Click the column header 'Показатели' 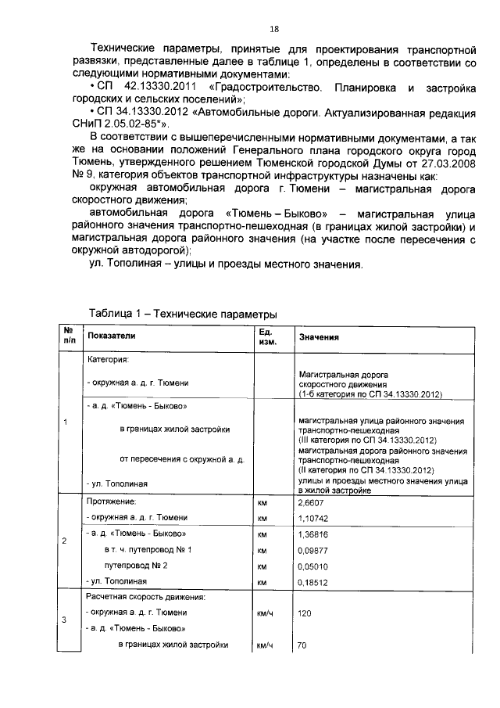tap(111, 335)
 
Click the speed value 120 tap(306, 613)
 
